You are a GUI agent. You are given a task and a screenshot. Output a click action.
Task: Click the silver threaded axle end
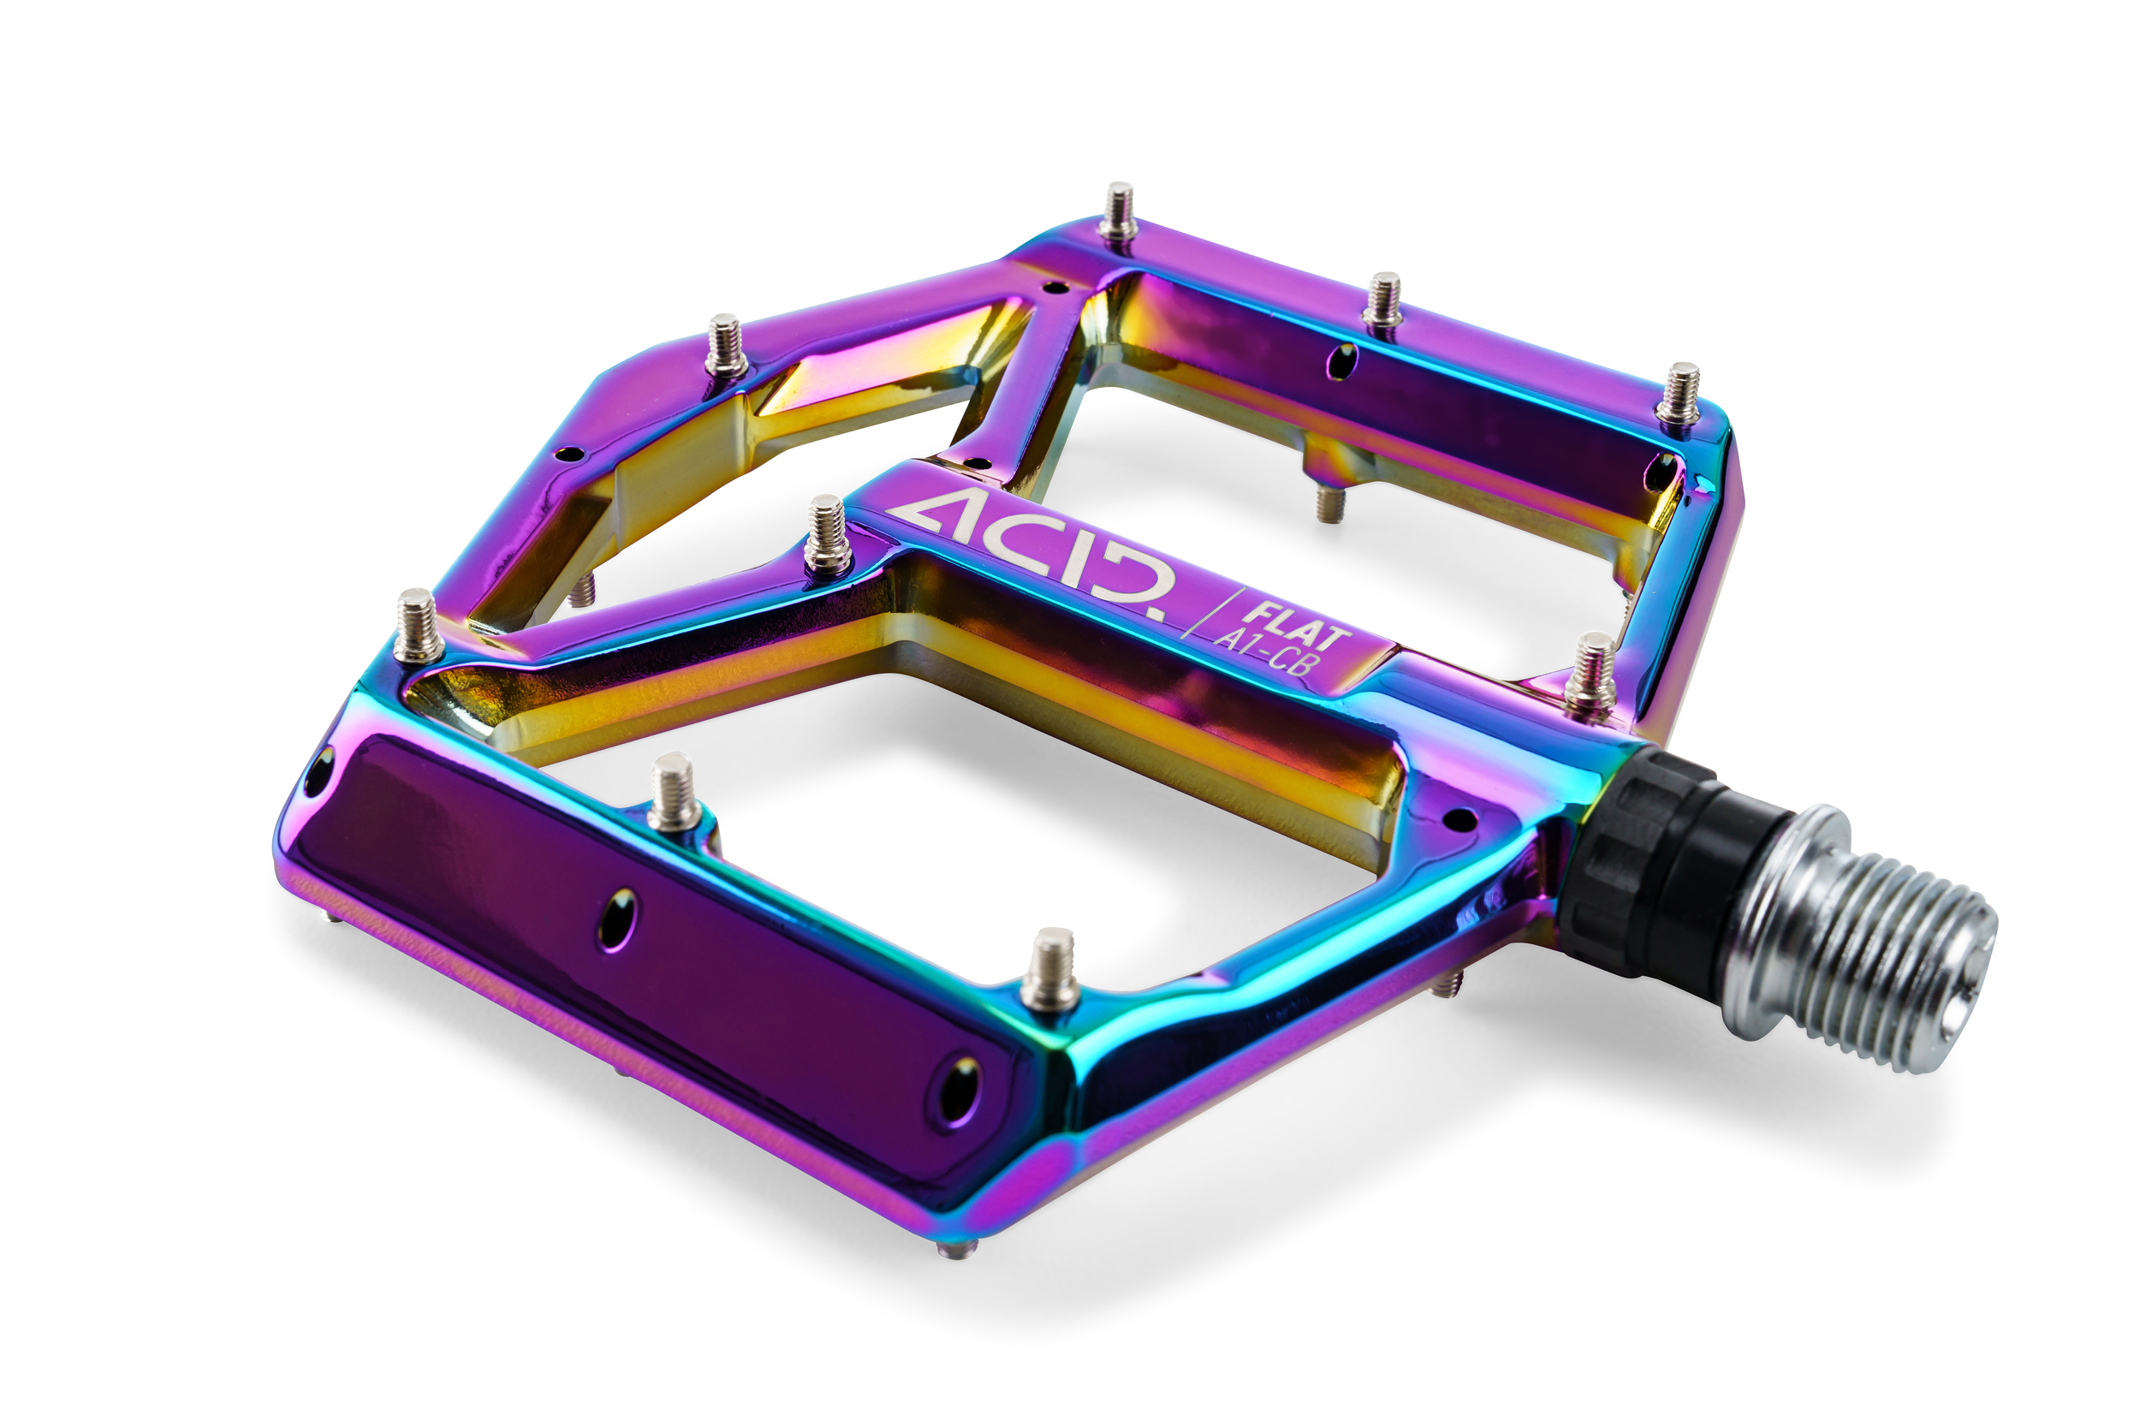[1875, 937]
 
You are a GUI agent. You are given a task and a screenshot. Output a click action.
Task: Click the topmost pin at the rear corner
[1118, 213]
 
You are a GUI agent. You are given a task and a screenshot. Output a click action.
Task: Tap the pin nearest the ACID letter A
[826, 537]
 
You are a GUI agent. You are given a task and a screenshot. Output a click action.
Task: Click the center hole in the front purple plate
[619, 920]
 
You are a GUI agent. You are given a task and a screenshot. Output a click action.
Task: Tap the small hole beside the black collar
[1459, 819]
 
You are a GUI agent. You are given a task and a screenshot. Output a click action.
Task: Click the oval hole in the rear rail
[1340, 360]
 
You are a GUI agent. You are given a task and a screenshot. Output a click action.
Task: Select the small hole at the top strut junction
[1055, 287]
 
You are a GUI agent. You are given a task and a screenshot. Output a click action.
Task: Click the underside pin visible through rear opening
[1329, 503]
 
